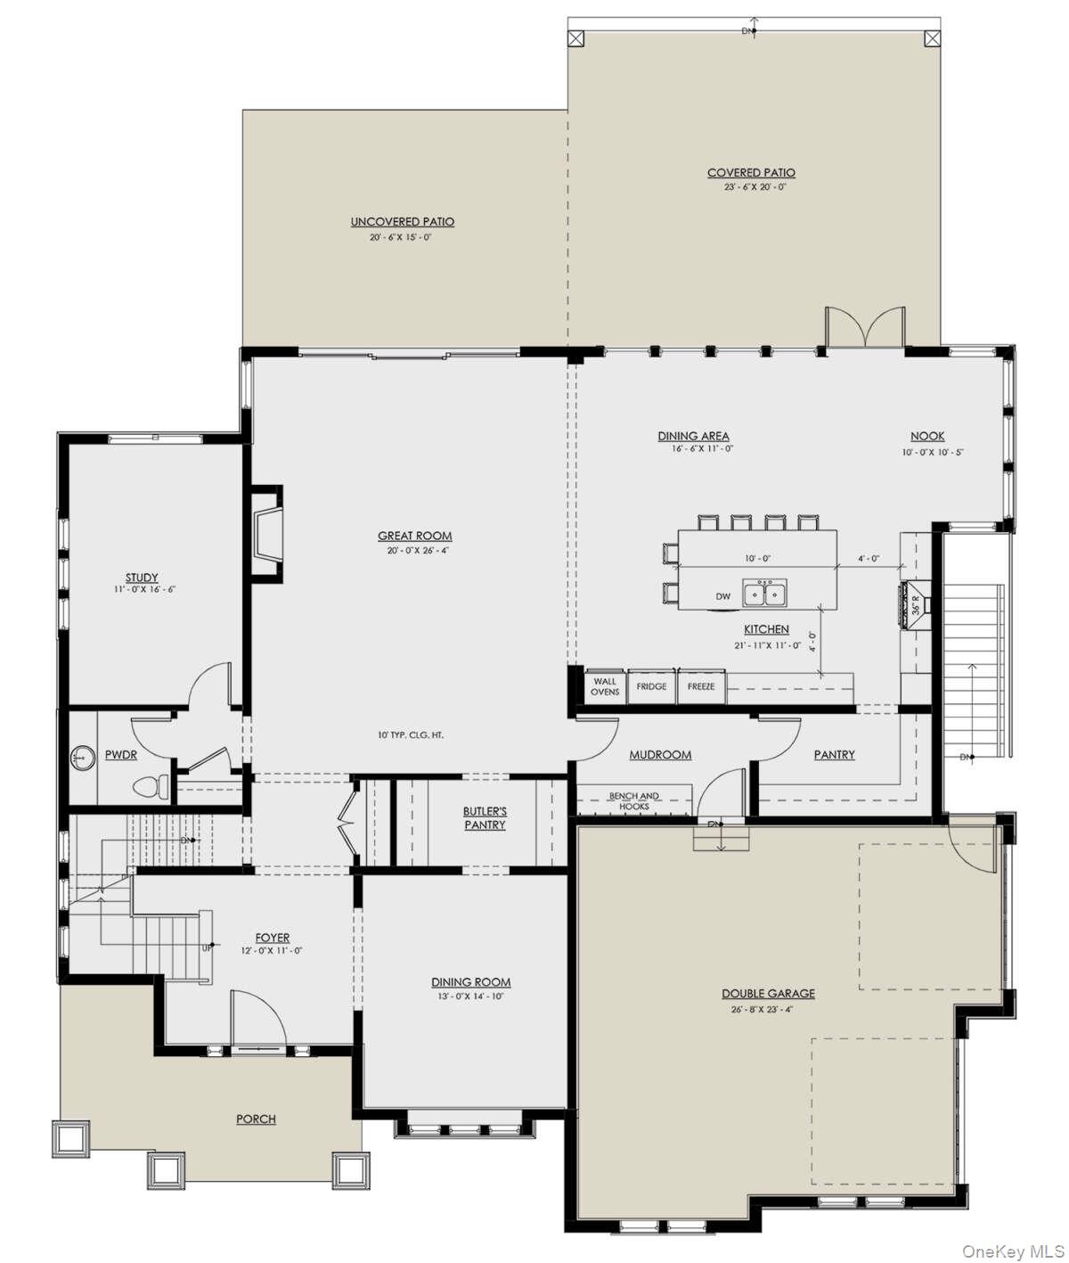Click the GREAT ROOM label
(x=414, y=536)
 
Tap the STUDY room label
(x=142, y=578)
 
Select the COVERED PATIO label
(x=751, y=173)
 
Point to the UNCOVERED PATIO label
(x=402, y=222)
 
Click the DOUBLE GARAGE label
(x=768, y=993)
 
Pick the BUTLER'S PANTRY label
(x=485, y=818)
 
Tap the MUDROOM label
(x=660, y=755)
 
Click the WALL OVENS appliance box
(x=605, y=686)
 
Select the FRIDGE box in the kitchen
(x=651, y=686)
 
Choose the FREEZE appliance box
(x=701, y=686)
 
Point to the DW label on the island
(x=723, y=596)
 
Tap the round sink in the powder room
(x=83, y=758)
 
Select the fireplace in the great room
(x=265, y=534)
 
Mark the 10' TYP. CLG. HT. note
(x=410, y=735)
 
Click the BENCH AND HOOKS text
(x=634, y=800)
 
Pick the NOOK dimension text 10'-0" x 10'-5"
(x=932, y=452)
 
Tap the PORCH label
(x=256, y=1119)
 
